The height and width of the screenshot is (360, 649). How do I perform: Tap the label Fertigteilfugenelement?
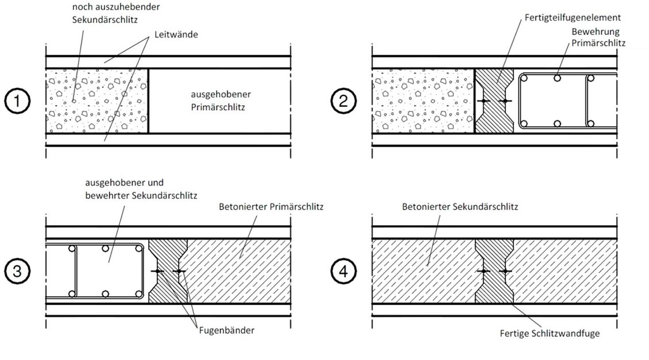tap(572, 18)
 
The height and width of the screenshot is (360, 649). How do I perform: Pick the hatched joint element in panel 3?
tap(168, 270)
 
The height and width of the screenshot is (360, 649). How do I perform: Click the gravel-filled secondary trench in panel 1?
tap(96, 101)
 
